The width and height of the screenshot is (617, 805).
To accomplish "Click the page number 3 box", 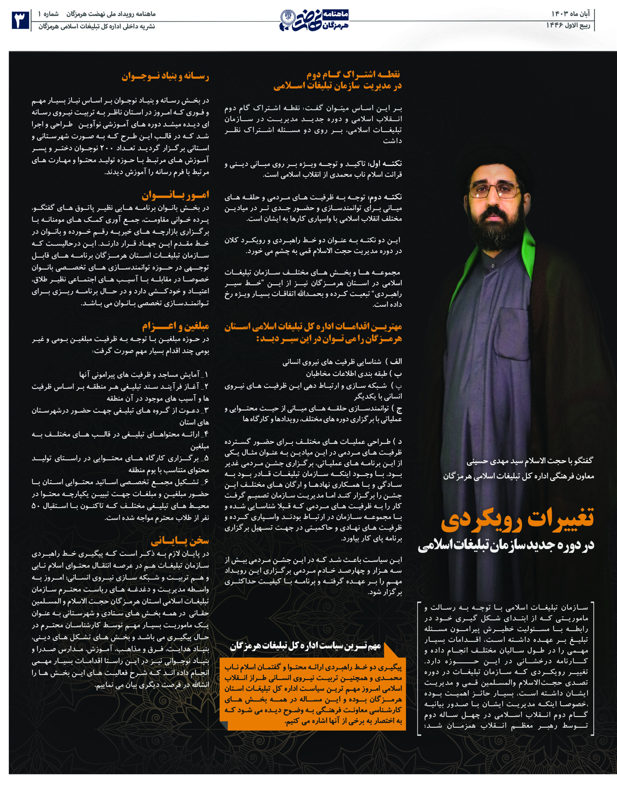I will pyautogui.click(x=20, y=20).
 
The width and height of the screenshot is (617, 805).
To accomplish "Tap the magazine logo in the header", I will pyautogui.click(x=314, y=20).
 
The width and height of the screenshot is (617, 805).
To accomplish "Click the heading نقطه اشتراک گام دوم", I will pyautogui.click(x=353, y=75).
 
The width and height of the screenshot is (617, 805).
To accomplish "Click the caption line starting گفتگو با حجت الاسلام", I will pyautogui.click(x=530, y=461).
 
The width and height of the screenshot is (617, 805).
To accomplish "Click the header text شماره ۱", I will pyautogui.click(x=48, y=14).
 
